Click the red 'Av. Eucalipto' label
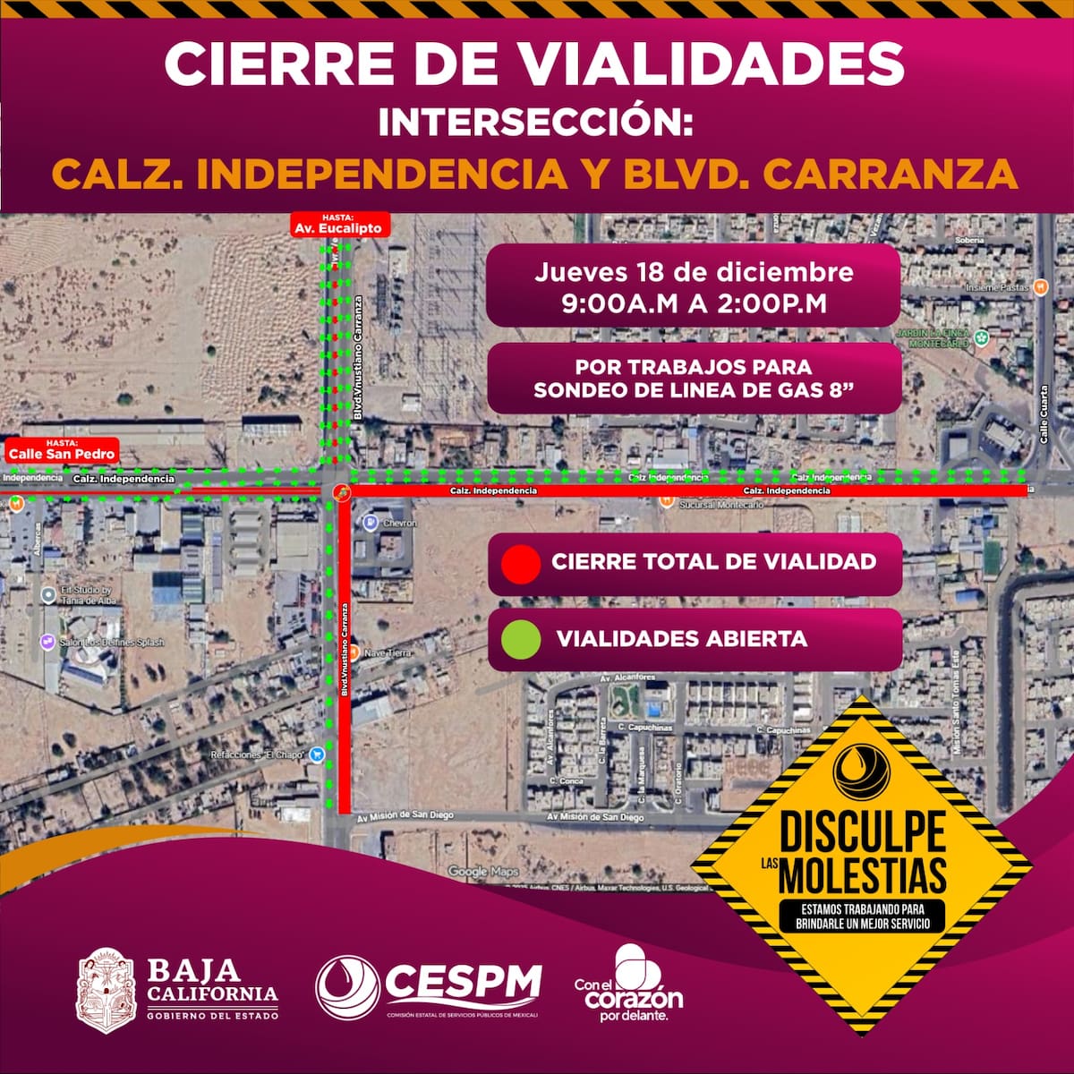coord(338,225)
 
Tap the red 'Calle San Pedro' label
coord(62,449)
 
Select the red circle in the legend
coord(521,564)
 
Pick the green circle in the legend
coord(521,639)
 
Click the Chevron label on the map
coord(399,523)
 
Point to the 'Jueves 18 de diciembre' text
coord(694,272)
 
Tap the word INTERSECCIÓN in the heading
coord(535,123)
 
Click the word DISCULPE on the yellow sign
coord(862,832)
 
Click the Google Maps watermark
coord(483,871)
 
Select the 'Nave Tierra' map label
coord(388,653)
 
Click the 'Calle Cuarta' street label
coord(1043,414)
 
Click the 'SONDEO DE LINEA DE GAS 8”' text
coord(694,391)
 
